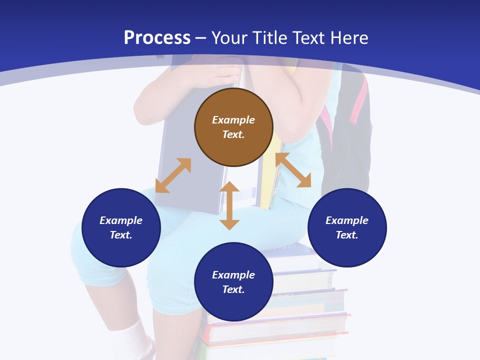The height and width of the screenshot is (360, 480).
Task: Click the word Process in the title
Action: (157, 38)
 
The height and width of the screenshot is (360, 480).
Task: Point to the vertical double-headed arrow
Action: (229, 206)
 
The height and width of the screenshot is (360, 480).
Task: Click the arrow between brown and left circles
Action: (173, 175)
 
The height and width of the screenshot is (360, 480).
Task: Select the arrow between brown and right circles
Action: (293, 170)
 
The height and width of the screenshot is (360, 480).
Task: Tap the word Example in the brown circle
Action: (233, 120)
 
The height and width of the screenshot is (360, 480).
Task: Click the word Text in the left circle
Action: (120, 235)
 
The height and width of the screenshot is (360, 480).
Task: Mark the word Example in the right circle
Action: (347, 220)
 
